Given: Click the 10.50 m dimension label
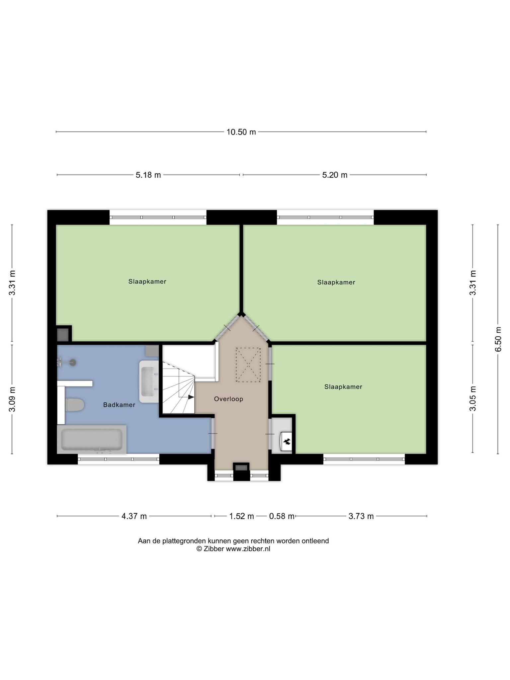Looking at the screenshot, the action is (x=241, y=132).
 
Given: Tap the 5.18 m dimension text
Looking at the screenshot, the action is (x=148, y=175).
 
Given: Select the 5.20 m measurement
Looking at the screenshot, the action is (x=335, y=175).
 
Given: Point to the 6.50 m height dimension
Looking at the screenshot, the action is (x=498, y=339).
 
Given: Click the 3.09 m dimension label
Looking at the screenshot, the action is (x=12, y=399).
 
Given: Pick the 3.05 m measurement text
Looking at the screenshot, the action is (x=473, y=398).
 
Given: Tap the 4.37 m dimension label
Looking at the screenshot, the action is (x=134, y=516).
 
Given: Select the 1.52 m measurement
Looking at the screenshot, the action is (x=241, y=516).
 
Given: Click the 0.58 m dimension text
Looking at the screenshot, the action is (x=282, y=516).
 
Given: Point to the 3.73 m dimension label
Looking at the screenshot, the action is (x=361, y=516).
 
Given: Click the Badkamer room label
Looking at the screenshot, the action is (x=119, y=405).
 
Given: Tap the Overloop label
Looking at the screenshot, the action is (x=228, y=399).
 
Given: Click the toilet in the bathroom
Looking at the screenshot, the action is (x=74, y=405).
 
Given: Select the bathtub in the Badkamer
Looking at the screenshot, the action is (x=92, y=439).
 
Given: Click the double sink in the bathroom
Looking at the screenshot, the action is (x=149, y=382).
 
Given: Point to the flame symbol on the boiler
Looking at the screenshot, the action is (x=287, y=441).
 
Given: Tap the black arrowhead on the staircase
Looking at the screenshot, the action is (x=191, y=397).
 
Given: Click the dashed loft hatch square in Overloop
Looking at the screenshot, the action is (x=248, y=365).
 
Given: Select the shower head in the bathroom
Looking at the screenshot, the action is (x=72, y=362).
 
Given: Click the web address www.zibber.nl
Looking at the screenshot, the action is (x=248, y=549).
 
